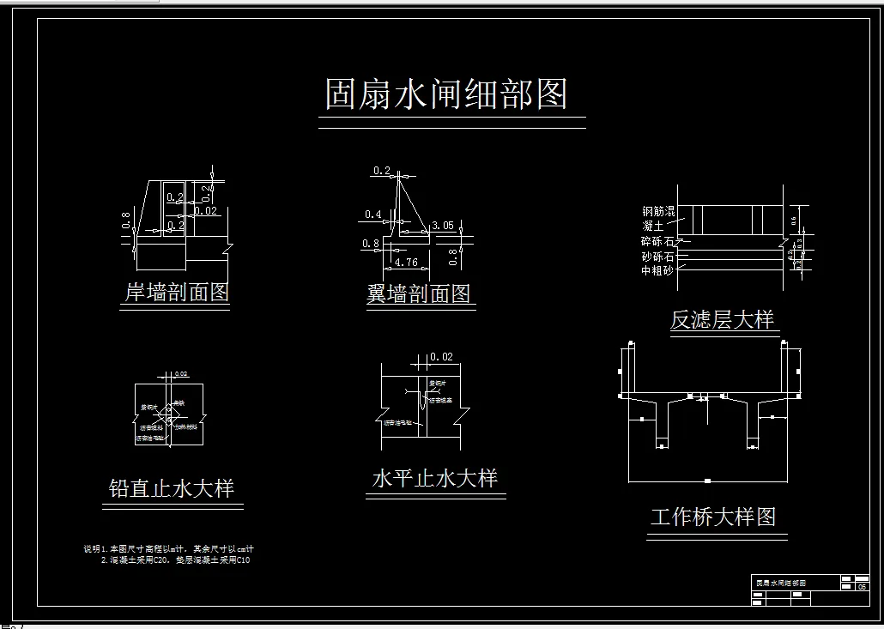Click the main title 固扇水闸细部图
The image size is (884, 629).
446,94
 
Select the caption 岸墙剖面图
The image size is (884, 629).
177,292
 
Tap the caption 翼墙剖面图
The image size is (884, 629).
419,294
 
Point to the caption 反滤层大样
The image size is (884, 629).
722,320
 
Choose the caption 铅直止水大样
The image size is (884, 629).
172,488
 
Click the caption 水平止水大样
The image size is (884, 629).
434,477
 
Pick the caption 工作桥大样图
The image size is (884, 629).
713,517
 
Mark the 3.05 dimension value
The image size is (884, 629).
443,226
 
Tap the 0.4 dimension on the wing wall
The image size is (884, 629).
373,215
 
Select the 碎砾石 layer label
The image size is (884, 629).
657,241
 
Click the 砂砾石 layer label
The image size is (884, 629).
657,256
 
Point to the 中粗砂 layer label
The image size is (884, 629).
657,269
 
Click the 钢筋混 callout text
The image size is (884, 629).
658,211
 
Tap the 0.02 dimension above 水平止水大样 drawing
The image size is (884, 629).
441,356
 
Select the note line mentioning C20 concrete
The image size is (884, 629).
175,559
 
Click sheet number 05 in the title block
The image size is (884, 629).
863,587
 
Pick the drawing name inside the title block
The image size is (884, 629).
780,583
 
